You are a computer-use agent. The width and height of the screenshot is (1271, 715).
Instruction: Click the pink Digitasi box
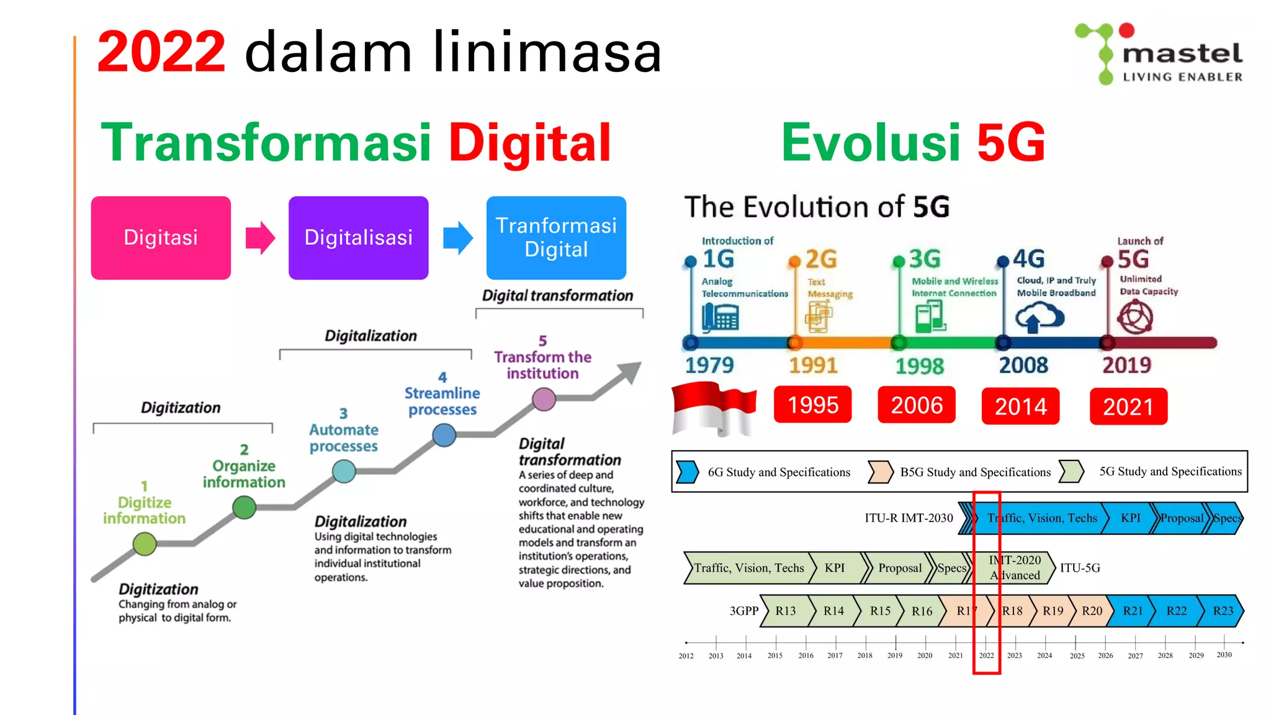point(161,238)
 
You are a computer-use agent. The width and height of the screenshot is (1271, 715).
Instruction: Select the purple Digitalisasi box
point(358,238)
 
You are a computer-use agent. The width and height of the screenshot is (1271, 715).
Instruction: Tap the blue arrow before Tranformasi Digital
point(458,238)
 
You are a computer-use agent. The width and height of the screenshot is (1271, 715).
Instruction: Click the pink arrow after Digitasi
point(260,238)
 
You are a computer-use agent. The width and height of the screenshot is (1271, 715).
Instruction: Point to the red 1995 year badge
point(812,405)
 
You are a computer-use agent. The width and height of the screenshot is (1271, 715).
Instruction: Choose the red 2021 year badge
point(1128,407)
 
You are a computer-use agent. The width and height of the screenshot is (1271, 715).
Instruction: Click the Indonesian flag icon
point(714,408)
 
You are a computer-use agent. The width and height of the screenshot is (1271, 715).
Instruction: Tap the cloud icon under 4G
point(1040,318)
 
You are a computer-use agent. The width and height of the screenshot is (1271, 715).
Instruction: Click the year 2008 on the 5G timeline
point(1023,366)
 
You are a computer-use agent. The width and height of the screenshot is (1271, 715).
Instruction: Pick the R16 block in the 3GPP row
point(922,611)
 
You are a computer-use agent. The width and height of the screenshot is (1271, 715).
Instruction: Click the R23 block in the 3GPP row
point(1222,611)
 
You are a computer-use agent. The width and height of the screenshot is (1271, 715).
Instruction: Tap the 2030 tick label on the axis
point(1224,655)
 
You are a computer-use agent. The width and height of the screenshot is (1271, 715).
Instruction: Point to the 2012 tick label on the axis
point(686,655)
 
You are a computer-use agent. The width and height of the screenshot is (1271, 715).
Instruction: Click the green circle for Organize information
point(244,508)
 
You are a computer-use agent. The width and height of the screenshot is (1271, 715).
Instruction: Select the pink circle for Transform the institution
point(544,399)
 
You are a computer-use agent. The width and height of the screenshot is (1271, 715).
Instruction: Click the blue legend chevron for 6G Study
point(687,472)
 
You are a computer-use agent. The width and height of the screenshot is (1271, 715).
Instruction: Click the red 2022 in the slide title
point(161,52)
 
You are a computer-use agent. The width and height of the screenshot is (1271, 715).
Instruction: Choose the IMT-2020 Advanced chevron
point(1015,568)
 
